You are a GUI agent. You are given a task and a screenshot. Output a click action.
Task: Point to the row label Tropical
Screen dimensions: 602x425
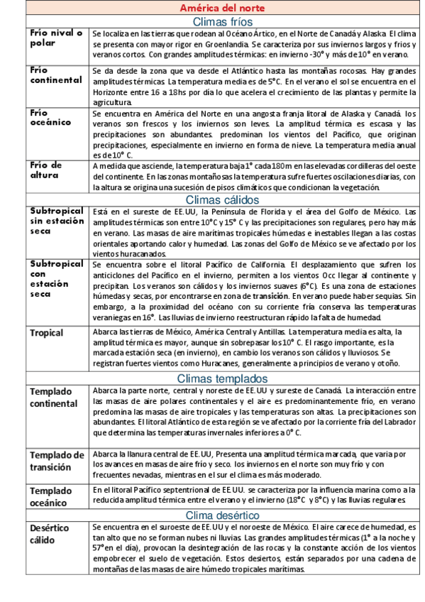click(x=46, y=333)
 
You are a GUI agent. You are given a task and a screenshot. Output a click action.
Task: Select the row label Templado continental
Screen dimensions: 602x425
click(x=54, y=398)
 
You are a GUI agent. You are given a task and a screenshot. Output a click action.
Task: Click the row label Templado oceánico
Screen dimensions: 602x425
click(x=50, y=496)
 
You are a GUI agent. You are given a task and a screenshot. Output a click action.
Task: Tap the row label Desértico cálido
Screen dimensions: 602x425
click(x=49, y=534)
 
